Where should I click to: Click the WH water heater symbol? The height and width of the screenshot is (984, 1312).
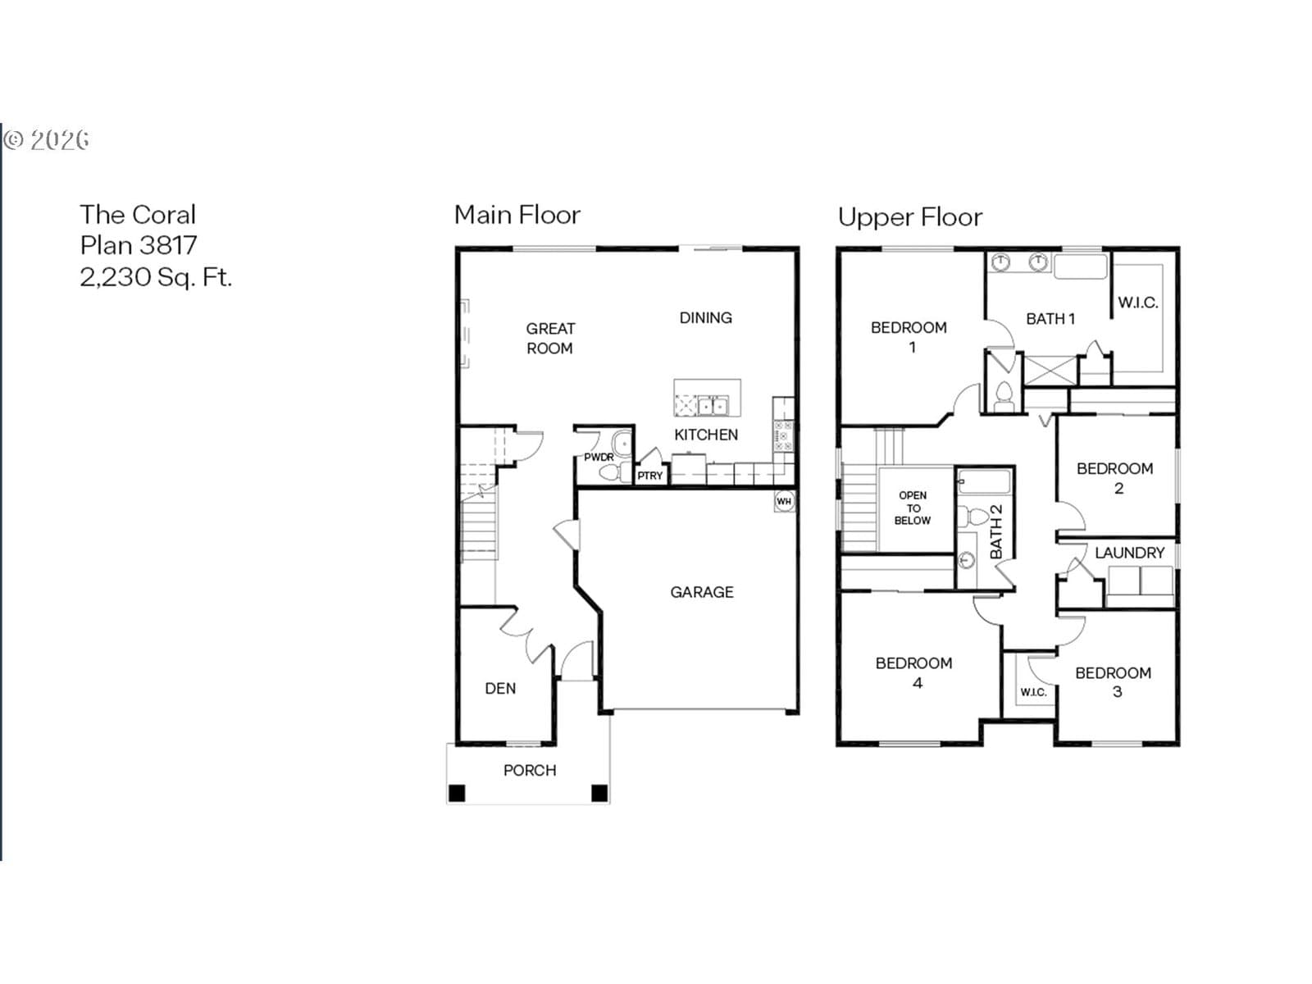tap(784, 501)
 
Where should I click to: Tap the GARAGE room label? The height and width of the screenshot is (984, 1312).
tap(702, 592)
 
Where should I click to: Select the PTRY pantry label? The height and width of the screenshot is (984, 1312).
tap(649, 476)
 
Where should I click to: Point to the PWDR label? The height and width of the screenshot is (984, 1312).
tap(599, 457)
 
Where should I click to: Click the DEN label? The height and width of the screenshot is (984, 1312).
tap(500, 688)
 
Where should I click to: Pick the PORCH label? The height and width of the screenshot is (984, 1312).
tap(530, 770)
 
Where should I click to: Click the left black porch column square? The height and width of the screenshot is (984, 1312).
tap(457, 793)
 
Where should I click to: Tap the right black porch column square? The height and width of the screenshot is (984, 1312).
tap(599, 793)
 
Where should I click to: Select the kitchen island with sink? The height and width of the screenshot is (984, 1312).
tap(707, 398)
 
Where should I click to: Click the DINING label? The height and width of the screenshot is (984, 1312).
tap(706, 318)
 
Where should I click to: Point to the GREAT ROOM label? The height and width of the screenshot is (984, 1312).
tap(550, 338)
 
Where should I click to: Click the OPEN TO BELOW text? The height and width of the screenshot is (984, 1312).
tap(913, 508)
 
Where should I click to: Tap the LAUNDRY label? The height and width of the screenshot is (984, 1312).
tap(1130, 553)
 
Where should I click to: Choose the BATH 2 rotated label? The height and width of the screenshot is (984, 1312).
tap(996, 531)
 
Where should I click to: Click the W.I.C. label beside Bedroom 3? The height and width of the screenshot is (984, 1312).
tap(1033, 692)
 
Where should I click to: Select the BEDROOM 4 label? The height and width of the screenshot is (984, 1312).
tap(914, 672)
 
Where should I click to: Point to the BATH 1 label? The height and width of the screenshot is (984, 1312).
tap(1050, 319)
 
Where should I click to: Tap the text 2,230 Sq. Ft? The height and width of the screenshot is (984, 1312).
tap(156, 277)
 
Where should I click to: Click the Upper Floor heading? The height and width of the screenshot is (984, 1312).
tap(909, 217)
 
